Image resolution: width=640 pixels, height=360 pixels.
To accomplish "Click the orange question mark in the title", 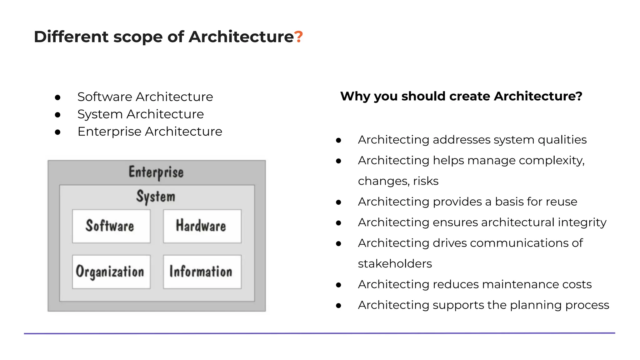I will click(x=298, y=37).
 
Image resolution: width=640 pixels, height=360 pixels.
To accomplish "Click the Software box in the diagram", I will click(x=111, y=226).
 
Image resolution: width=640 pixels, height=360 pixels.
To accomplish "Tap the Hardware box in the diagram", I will click(x=202, y=226).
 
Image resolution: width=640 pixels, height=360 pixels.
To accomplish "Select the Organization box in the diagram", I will click(x=111, y=272).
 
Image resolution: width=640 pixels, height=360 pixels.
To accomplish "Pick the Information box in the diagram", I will click(x=202, y=272).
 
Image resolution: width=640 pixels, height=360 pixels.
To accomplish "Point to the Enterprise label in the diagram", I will click(x=156, y=172).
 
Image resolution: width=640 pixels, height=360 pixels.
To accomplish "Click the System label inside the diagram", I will click(x=156, y=197).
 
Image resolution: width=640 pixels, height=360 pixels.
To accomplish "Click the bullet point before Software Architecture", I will click(x=57, y=97).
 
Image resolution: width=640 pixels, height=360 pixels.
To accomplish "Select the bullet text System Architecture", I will click(x=140, y=114).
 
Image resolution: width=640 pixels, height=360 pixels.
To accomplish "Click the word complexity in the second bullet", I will click(x=551, y=161).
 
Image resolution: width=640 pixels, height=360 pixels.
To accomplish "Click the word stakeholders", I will click(x=395, y=264).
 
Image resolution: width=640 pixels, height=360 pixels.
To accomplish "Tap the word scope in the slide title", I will click(x=138, y=37).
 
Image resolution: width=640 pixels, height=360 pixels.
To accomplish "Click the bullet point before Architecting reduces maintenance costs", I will click(x=338, y=285).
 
